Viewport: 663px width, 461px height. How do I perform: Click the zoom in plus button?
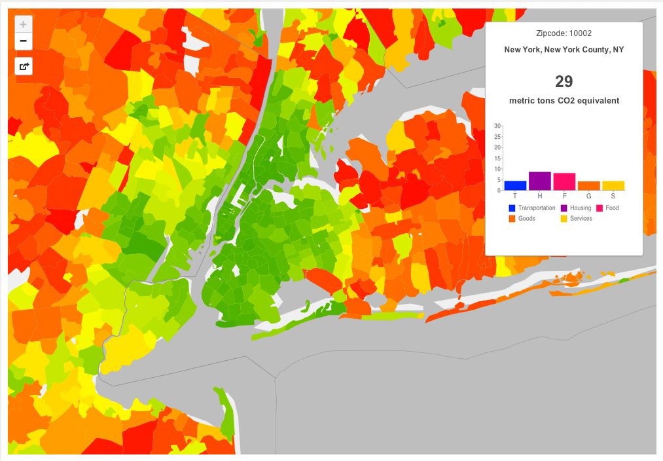[24, 25]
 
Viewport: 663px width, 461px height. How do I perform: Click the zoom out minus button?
[24, 41]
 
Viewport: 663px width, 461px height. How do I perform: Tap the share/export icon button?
[24, 66]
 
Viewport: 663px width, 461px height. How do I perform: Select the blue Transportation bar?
[515, 185]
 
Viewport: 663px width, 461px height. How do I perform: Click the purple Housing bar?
[540, 181]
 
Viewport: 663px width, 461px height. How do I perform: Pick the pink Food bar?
[564, 181]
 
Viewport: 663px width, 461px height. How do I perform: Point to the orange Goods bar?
[588, 186]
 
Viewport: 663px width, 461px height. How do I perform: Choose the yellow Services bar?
[613, 185]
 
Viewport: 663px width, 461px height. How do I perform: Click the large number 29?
[564, 82]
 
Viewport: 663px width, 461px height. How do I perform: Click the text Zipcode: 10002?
[564, 33]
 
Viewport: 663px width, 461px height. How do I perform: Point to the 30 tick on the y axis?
[497, 126]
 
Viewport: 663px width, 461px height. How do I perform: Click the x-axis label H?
[540, 196]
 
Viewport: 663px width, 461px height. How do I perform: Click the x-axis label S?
[613, 196]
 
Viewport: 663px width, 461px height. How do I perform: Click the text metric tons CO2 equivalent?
[564, 101]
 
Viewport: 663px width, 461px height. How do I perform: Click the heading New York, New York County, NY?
[564, 50]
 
